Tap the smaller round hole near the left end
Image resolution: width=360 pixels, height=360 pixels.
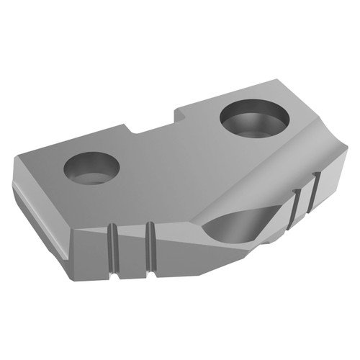coord(91,168)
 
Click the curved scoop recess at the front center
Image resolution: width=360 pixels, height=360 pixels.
coord(230,229)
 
